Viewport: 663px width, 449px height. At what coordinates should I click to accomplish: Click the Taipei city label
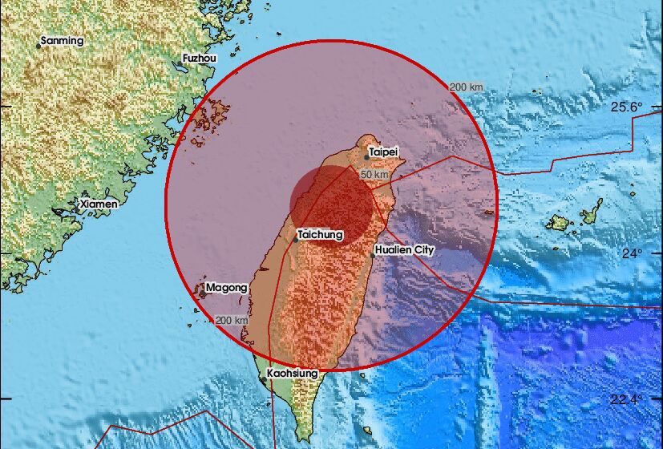[383, 151]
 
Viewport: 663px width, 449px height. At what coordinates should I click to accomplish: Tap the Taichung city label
[320, 235]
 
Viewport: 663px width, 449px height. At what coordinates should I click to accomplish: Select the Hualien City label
[404, 250]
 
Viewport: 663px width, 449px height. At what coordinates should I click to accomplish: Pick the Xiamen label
[99, 204]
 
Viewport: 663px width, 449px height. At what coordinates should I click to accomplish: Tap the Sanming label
[61, 40]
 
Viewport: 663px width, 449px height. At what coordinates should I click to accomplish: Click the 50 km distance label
[374, 174]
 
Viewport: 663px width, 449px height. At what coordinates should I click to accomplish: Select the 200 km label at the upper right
[466, 87]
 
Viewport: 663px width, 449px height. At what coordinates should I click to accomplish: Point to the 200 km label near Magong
[232, 320]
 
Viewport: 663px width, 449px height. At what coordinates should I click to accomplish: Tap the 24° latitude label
[633, 253]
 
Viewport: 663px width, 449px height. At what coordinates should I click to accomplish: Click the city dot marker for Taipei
[366, 157]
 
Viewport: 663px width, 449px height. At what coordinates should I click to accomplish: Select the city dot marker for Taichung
[296, 240]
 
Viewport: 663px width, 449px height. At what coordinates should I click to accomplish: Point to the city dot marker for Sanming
[38, 46]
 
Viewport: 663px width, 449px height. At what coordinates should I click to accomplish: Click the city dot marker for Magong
[203, 294]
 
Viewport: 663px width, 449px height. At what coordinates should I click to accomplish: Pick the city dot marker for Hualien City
[374, 249]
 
